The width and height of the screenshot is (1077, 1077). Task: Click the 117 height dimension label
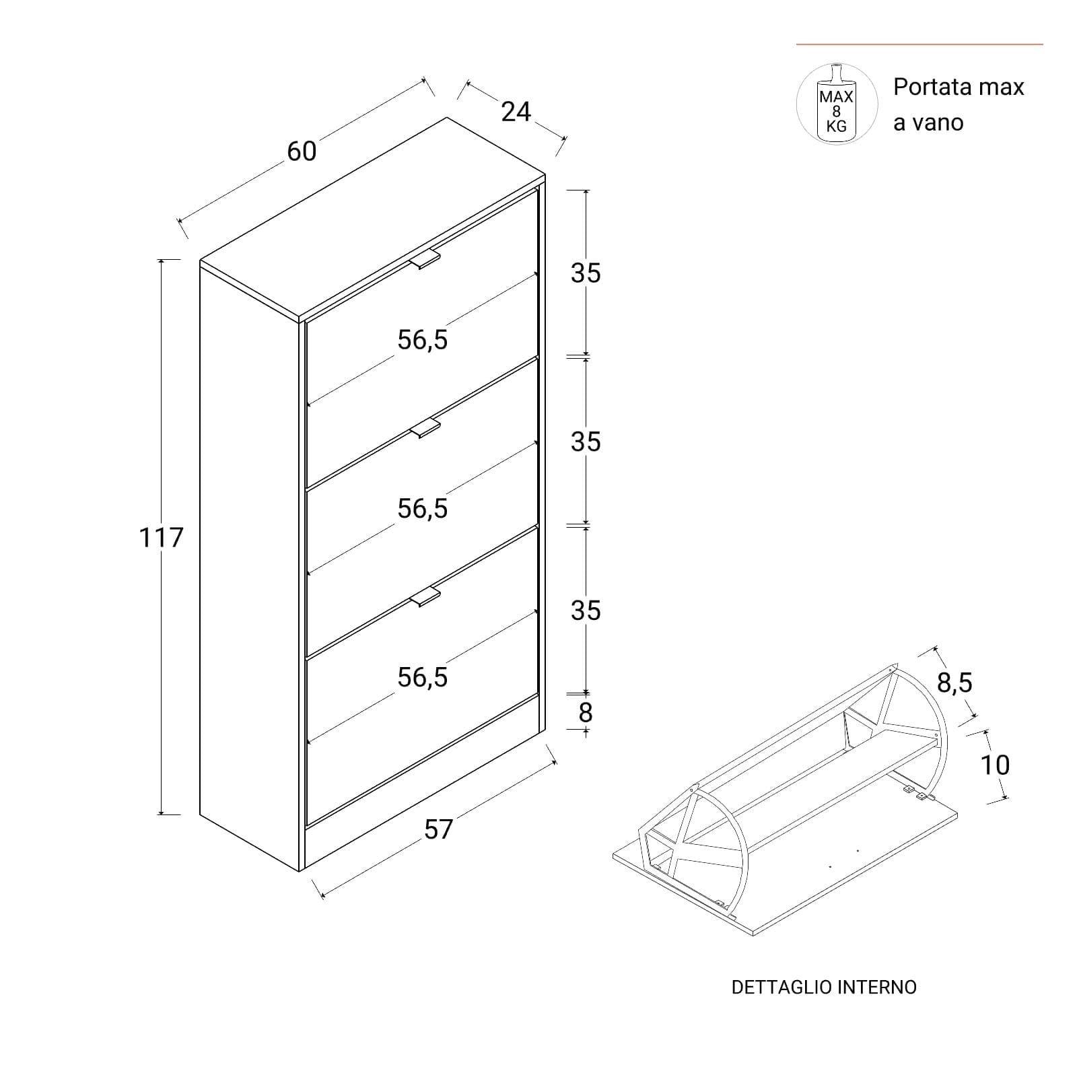[161, 538]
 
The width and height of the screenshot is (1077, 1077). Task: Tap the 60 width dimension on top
[302, 152]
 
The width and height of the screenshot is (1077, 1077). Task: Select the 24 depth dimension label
[516, 112]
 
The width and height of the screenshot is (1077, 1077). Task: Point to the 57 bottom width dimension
[439, 829]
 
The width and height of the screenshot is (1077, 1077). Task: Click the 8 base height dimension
[586, 712]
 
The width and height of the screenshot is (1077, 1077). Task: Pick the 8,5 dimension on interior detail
[955, 683]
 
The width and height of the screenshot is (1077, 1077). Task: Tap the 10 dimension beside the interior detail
[995, 765]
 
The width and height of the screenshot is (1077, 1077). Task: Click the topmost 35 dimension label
[586, 273]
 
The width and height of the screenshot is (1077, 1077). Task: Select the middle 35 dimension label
[586, 442]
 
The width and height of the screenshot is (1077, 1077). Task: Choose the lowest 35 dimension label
[586, 611]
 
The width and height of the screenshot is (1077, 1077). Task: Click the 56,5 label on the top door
[423, 341]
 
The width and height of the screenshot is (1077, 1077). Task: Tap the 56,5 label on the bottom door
[423, 677]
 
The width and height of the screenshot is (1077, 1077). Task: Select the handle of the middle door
[424, 428]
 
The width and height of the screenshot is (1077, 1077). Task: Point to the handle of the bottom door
[424, 596]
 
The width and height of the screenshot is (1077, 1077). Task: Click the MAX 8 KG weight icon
[837, 104]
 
